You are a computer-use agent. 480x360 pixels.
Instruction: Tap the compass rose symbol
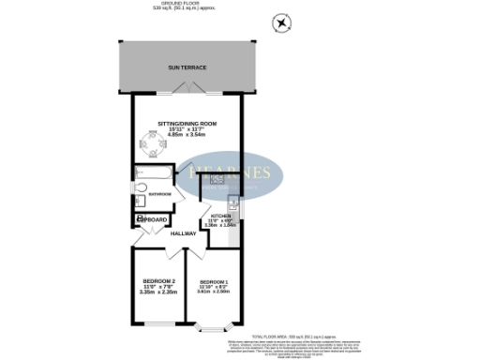tap(279, 22)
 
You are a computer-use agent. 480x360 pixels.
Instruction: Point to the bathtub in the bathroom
tap(151, 174)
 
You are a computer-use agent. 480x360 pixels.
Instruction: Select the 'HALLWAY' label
tap(184, 232)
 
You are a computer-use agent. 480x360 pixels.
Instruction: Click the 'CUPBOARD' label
tap(154, 220)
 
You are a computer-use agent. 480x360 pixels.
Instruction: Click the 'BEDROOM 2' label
tap(159, 281)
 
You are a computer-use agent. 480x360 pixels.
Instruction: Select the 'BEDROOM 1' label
tap(214, 281)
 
